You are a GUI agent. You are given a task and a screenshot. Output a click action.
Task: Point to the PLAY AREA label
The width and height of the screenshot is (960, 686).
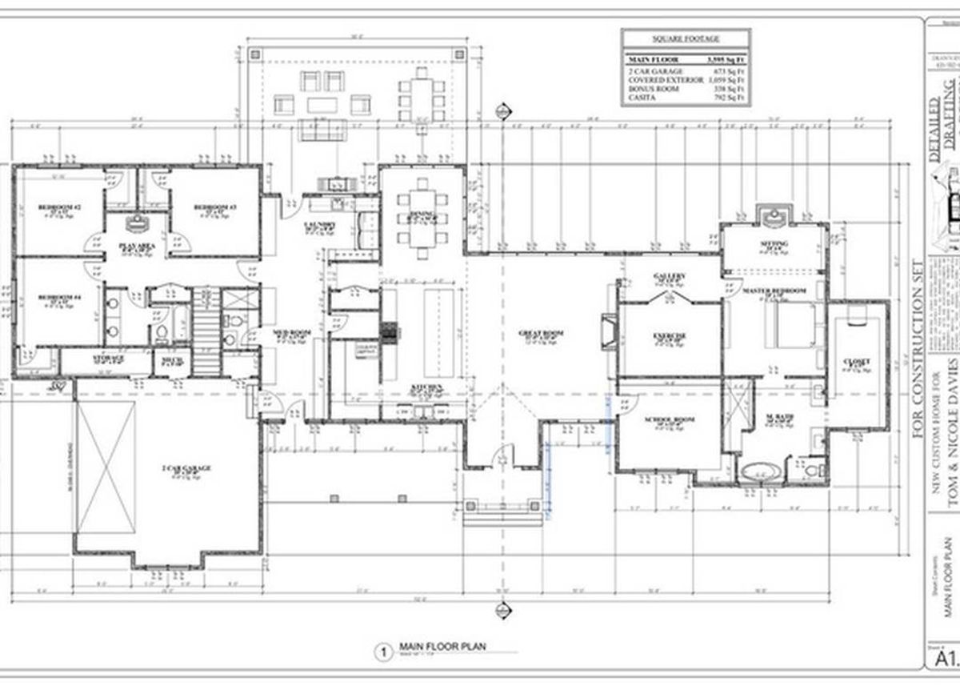[136, 247]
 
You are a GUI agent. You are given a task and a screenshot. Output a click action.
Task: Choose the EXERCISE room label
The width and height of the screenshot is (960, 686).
[670, 335]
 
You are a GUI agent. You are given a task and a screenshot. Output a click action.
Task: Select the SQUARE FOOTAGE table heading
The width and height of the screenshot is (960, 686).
[685, 38]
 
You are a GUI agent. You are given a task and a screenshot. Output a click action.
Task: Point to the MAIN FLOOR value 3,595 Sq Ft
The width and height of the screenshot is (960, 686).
[726, 59]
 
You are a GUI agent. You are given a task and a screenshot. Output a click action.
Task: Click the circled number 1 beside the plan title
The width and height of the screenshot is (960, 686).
[383, 652]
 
